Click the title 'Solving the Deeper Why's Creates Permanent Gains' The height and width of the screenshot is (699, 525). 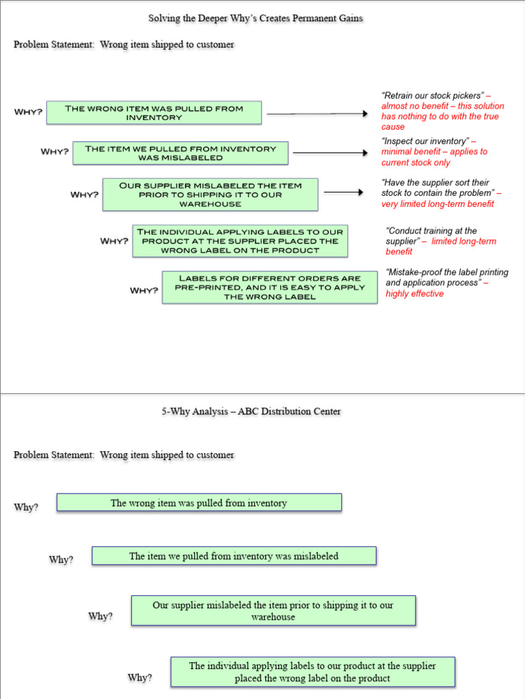(256, 18)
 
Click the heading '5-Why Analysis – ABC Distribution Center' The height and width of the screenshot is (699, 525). (251, 411)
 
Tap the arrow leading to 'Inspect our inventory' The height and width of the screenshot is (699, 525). (330, 153)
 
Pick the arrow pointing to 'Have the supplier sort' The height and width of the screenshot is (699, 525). (343, 192)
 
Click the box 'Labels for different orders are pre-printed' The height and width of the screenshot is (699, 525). (269, 287)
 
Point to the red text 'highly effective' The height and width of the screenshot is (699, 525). (414, 294)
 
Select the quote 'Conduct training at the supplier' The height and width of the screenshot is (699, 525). (431, 236)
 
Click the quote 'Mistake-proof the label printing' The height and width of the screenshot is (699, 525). (446, 277)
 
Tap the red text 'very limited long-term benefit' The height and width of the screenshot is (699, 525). (437, 204)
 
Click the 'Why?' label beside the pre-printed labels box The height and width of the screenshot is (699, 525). (144, 291)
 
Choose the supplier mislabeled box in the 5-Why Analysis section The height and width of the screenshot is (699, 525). (273, 611)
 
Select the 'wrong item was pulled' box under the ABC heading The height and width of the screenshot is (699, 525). (199, 503)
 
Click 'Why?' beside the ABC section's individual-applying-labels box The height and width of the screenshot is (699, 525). (140, 678)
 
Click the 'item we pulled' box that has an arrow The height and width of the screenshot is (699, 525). (180, 153)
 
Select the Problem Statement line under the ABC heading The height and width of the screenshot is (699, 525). (124, 455)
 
